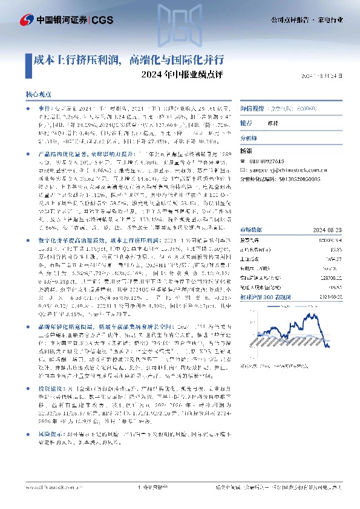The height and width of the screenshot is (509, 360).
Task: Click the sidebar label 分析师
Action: point(249,138)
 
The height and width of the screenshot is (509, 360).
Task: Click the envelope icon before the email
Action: point(243,170)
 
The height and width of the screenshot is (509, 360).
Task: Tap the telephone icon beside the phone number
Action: point(243,161)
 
